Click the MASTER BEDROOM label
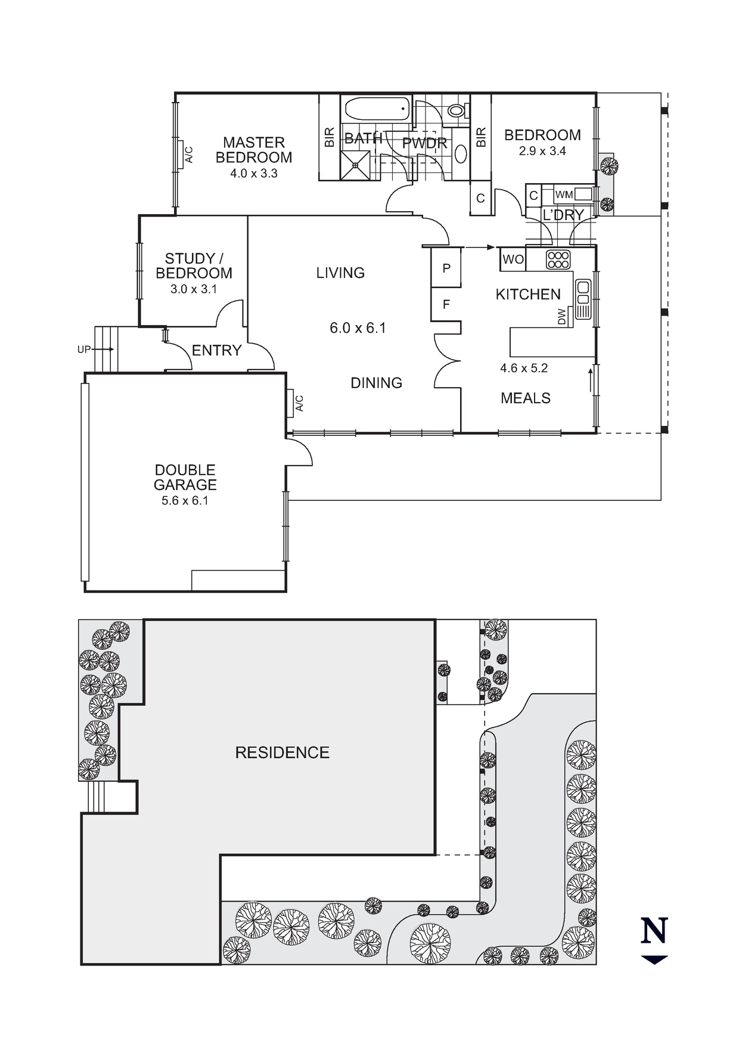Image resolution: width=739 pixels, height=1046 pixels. tap(254, 150)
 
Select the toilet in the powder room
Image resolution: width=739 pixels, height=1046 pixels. tap(457, 110)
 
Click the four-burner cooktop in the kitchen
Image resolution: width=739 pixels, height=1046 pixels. tap(558, 259)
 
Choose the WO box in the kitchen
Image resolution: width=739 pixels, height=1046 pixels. tap(513, 259)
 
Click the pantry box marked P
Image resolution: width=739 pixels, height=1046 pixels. tap(446, 268)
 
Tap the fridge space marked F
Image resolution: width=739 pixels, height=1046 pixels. tap(446, 305)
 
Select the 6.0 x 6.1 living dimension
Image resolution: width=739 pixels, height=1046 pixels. tap(358, 328)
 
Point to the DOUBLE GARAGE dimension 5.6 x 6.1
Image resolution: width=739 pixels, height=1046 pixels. tap(185, 501)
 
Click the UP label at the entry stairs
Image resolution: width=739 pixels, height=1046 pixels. tap(83, 349)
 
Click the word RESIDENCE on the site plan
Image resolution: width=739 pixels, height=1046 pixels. tap(282, 753)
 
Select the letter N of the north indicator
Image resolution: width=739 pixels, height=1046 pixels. tap(654, 931)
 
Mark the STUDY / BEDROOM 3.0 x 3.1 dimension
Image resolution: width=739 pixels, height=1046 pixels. tap(193, 289)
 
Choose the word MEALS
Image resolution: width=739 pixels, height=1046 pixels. tap(525, 398)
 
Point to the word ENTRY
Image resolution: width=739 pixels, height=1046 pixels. tap(216, 351)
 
